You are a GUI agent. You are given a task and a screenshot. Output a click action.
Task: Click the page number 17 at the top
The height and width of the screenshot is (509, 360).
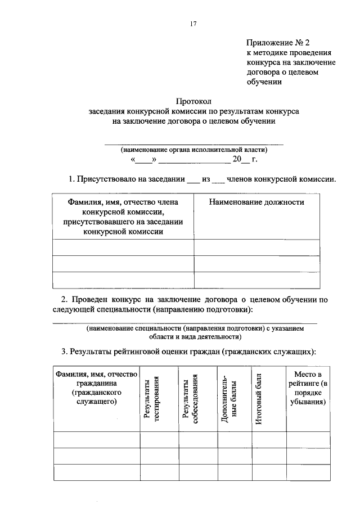[193, 24]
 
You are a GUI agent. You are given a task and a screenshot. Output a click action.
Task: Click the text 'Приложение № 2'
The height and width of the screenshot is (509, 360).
[278, 42]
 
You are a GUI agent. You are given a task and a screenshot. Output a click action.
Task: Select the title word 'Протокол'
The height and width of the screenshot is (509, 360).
[193, 102]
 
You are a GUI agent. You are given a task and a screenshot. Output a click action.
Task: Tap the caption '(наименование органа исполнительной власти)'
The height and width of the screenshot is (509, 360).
[194, 150]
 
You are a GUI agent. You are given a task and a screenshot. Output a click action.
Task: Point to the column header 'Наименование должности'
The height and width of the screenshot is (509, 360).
[256, 202]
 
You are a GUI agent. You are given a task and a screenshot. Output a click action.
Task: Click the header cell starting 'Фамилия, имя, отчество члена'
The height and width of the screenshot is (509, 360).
[123, 217]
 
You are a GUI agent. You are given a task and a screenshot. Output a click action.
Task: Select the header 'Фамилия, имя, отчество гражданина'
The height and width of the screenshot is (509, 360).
[96, 388]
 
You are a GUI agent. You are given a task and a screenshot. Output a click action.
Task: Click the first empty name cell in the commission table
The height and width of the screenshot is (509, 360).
[123, 248]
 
